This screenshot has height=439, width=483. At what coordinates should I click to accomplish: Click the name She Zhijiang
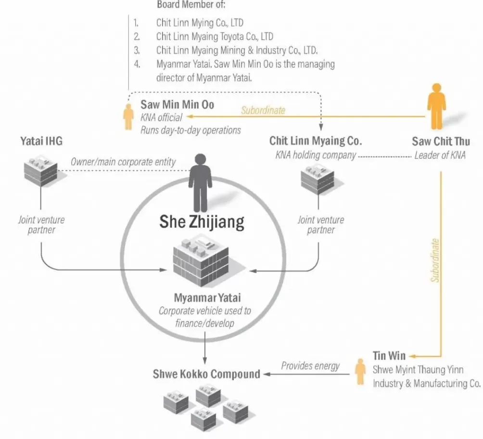pyautogui.click(x=202, y=222)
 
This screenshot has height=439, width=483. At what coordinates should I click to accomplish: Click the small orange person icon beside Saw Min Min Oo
pyautogui.click(x=128, y=116)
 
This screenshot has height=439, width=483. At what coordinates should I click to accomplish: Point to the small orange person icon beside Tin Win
pyautogui.click(x=360, y=372)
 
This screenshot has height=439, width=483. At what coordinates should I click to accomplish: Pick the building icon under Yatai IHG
pyautogui.click(x=41, y=171)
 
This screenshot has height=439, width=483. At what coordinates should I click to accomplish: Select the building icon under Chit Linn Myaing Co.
pyautogui.click(x=317, y=178)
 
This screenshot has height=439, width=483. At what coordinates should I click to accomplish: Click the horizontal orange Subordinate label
pyautogui.click(x=263, y=110)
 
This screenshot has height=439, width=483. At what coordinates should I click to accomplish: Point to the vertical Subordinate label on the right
pyautogui.click(x=435, y=260)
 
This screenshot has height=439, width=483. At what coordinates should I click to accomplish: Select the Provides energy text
pyautogui.click(x=310, y=365)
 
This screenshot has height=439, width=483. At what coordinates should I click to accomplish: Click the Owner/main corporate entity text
pyautogui.click(x=123, y=162)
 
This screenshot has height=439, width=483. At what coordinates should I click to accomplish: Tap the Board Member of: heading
pyautogui.click(x=191, y=5)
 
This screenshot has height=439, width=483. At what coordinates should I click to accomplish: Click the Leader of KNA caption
pyautogui.click(x=440, y=155)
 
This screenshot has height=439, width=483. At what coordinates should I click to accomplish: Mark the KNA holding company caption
pyautogui.click(x=316, y=155)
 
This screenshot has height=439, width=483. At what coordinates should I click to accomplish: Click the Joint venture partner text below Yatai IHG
pyautogui.click(x=41, y=225)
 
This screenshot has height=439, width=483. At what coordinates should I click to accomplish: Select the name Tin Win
pyautogui.click(x=389, y=356)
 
